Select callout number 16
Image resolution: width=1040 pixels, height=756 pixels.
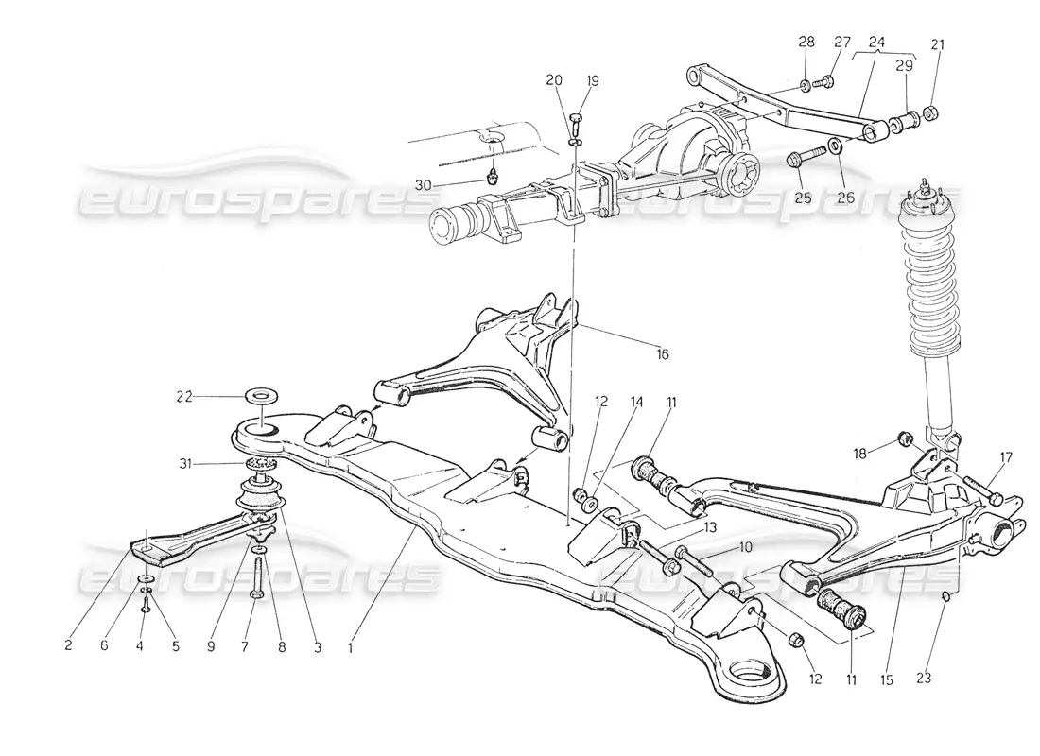(x=662, y=354)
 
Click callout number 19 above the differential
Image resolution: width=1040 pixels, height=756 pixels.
(x=592, y=81)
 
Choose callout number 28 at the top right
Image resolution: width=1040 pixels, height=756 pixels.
(x=806, y=43)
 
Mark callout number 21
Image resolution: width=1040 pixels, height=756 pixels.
(x=938, y=43)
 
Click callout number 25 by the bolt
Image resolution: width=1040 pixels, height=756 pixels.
(x=803, y=198)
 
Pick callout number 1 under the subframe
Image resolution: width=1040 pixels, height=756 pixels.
(x=351, y=649)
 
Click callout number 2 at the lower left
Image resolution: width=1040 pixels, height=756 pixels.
(x=69, y=647)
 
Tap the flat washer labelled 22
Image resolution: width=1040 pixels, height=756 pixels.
(x=257, y=395)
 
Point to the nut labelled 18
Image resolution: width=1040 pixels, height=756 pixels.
(x=903, y=437)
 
